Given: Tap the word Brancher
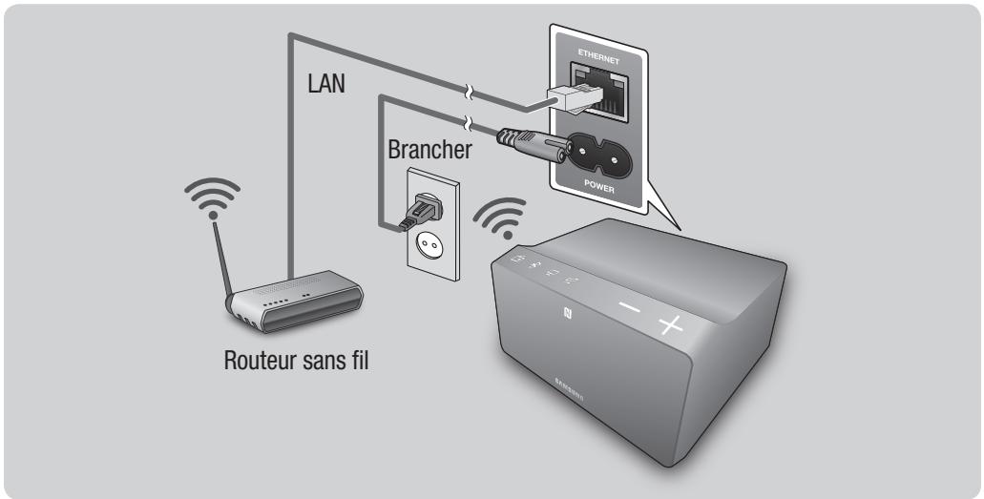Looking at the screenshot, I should coord(429,151).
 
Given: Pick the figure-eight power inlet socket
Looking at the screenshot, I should coord(599,150).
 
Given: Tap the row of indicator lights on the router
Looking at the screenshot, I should coord(277,304).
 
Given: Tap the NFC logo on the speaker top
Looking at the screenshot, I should coord(567,311).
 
